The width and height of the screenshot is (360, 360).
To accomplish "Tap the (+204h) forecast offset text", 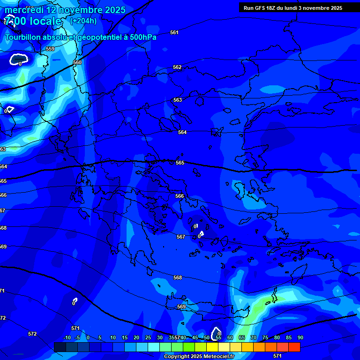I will coord(83,21).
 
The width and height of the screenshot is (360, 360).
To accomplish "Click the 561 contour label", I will coord(174,32).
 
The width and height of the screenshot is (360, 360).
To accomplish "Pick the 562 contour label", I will coord(177,67).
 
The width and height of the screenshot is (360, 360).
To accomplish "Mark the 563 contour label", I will coord(178,100).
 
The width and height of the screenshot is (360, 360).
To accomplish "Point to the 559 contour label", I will coord(50,49).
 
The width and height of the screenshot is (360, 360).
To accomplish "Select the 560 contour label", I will coord(77,62).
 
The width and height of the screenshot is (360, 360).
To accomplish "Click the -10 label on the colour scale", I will coord(67,337).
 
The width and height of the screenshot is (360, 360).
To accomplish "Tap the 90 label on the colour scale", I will coord(300,337).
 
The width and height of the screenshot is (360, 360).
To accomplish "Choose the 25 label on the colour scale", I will coord(148,337).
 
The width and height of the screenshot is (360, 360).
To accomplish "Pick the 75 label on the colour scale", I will coord(265,337).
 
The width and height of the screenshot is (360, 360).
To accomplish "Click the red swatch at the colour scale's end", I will coord(294,347).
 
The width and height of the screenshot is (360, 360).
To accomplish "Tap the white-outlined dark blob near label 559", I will coord(19,59).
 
